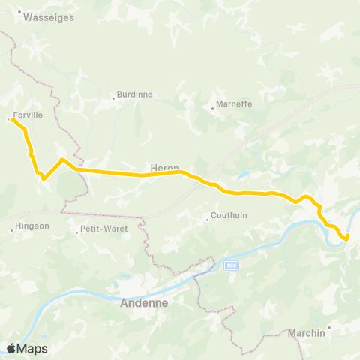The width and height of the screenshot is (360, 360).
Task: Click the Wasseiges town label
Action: pyautogui.click(x=49, y=17)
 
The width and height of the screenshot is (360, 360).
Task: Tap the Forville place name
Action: pyautogui.click(x=28, y=115)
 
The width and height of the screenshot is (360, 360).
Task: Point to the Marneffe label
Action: pyautogui.click(x=233, y=104)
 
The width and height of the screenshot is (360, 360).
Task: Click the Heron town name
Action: pyautogui.click(x=163, y=169)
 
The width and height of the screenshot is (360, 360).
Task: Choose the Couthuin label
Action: pyautogui.click(x=229, y=220)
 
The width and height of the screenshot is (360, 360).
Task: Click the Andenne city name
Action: pyautogui.click(x=144, y=304)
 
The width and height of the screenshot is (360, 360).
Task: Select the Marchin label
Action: pyautogui.click(x=307, y=332)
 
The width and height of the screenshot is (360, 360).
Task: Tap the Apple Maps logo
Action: pyautogui.click(x=27, y=348)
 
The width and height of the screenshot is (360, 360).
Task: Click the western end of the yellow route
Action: pyautogui.click(x=13, y=120)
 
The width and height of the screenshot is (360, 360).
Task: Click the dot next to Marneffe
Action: pyautogui.click(x=212, y=108)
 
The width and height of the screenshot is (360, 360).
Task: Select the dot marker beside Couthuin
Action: pyautogui.click(x=207, y=220)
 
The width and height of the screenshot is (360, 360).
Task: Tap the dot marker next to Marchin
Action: pyautogui.click(x=329, y=327)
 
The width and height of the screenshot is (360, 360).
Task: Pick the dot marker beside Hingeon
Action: pyautogui.click(x=12, y=229)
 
